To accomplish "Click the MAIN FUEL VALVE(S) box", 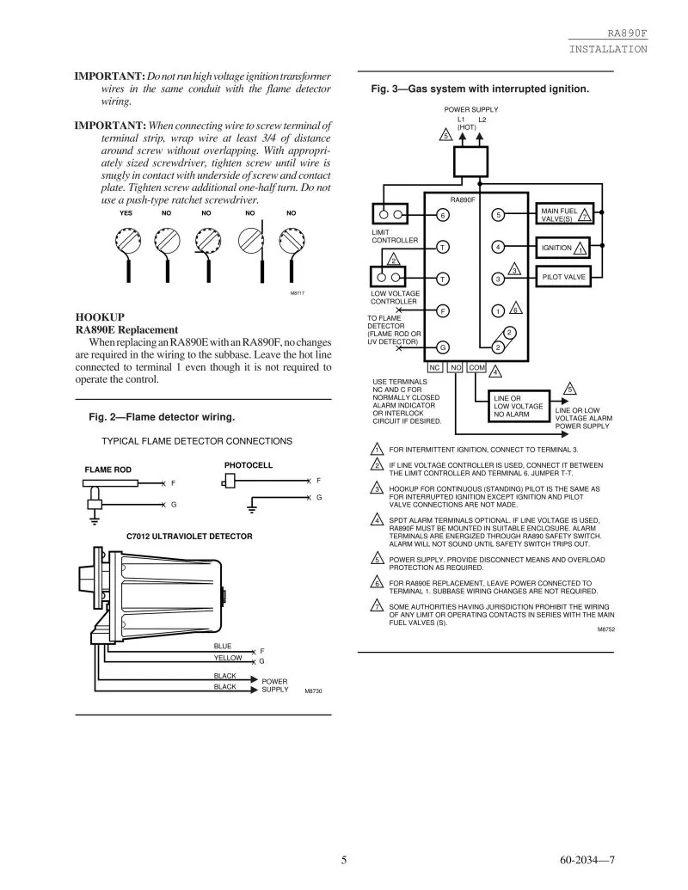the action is click(x=564, y=214).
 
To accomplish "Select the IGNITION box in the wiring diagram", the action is click(x=563, y=248).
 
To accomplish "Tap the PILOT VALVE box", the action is click(x=563, y=277).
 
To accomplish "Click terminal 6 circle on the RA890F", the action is click(x=442, y=215).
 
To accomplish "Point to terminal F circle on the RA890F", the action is click(x=442, y=310).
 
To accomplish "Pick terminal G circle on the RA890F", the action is click(x=442, y=347).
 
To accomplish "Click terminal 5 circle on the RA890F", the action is click(x=498, y=215).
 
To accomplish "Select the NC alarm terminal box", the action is click(x=434, y=368).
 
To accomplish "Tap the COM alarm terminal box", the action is click(x=476, y=368).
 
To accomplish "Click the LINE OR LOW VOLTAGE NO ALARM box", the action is click(x=519, y=407).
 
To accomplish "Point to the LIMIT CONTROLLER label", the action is click(x=395, y=236).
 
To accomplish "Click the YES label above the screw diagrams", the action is click(x=126, y=213).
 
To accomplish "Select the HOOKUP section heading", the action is click(x=100, y=317).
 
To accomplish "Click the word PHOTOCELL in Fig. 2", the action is click(x=248, y=465).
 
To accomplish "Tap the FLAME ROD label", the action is click(x=107, y=470).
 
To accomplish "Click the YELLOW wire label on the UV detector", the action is click(x=228, y=658).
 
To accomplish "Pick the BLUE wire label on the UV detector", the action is click(x=223, y=646).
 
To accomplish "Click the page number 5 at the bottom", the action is click(x=343, y=860).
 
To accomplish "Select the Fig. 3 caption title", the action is click(x=480, y=89).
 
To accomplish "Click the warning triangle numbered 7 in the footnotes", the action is click(x=377, y=605).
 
